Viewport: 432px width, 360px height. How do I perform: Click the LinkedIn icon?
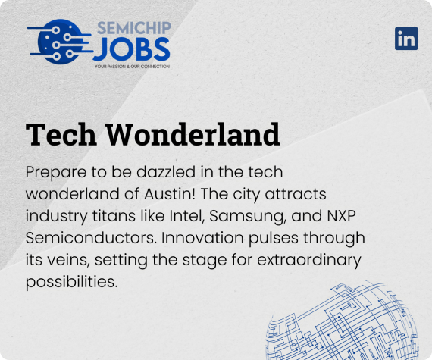(x=406, y=39)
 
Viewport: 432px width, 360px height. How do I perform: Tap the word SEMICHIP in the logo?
(x=134, y=28)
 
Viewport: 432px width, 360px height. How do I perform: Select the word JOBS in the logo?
(x=131, y=49)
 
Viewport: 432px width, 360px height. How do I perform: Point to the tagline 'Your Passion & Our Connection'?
(x=132, y=67)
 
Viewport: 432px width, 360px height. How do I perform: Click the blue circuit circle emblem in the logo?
(x=59, y=42)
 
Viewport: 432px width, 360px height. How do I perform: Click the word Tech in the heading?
(x=61, y=134)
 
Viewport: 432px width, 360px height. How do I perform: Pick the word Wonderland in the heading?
(x=193, y=134)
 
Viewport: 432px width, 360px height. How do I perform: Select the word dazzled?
(x=166, y=172)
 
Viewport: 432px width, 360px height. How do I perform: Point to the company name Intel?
(x=186, y=216)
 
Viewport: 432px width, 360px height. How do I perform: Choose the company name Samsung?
(x=247, y=217)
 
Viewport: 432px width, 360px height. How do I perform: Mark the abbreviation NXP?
(x=341, y=216)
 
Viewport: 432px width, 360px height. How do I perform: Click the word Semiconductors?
(x=91, y=238)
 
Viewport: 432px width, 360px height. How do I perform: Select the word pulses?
(x=274, y=239)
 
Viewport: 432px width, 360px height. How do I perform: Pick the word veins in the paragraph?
(x=69, y=261)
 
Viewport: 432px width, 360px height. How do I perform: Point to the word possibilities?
(x=72, y=283)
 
